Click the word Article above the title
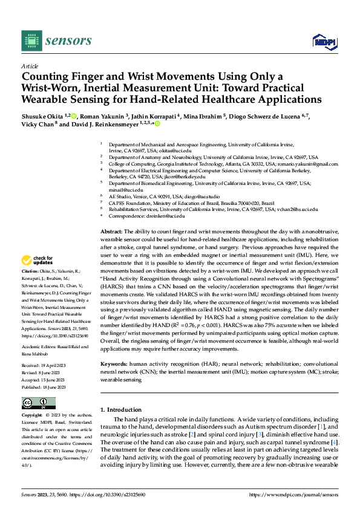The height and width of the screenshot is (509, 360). click(x=30, y=65)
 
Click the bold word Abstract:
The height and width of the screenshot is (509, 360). click(x=112, y=232)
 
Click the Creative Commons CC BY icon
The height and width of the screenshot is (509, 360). click(x=38, y=403)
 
